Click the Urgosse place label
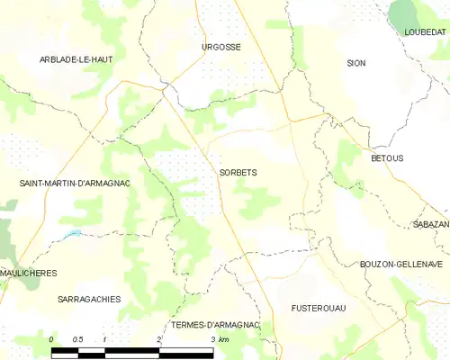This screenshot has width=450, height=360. [220, 46]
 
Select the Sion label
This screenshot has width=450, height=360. [356, 63]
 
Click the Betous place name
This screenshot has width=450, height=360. [387, 158]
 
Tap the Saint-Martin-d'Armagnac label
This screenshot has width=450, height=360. [76, 184]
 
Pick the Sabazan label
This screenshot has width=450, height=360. [430, 223]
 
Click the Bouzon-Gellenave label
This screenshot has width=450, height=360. [401, 264]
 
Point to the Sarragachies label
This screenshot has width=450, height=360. [88, 300]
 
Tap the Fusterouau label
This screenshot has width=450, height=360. [319, 308]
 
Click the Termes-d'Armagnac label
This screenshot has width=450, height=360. [213, 324]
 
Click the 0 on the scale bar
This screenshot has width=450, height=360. [52, 338]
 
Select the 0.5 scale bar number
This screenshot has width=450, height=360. [78, 338]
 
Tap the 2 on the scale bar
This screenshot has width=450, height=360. [159, 338]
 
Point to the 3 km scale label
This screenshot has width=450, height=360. [219, 338]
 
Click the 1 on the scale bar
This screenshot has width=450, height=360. [105, 338]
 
